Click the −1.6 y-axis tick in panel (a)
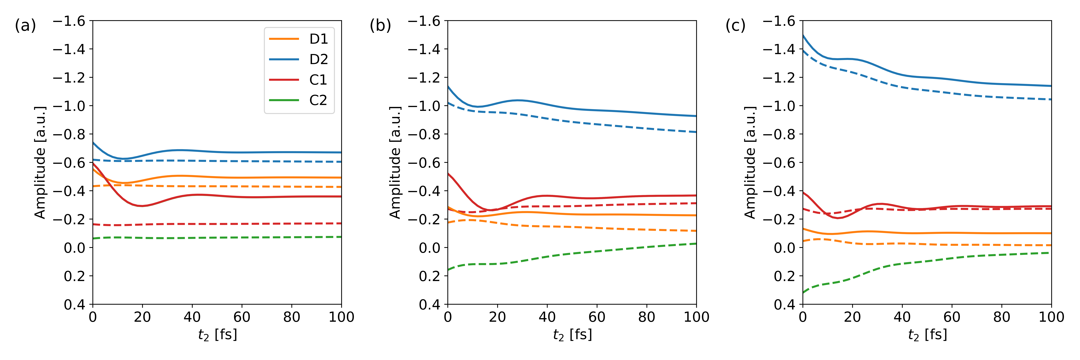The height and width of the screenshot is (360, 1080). (69, 21)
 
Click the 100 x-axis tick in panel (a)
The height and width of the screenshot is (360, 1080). (341, 317)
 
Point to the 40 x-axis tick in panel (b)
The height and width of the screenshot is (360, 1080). (547, 317)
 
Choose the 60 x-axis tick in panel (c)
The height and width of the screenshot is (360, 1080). (952, 317)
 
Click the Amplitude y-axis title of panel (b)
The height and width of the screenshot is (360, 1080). (395, 163)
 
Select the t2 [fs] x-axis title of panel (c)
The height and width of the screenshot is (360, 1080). (927, 335)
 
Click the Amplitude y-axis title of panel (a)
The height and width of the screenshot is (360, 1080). (40, 163)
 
